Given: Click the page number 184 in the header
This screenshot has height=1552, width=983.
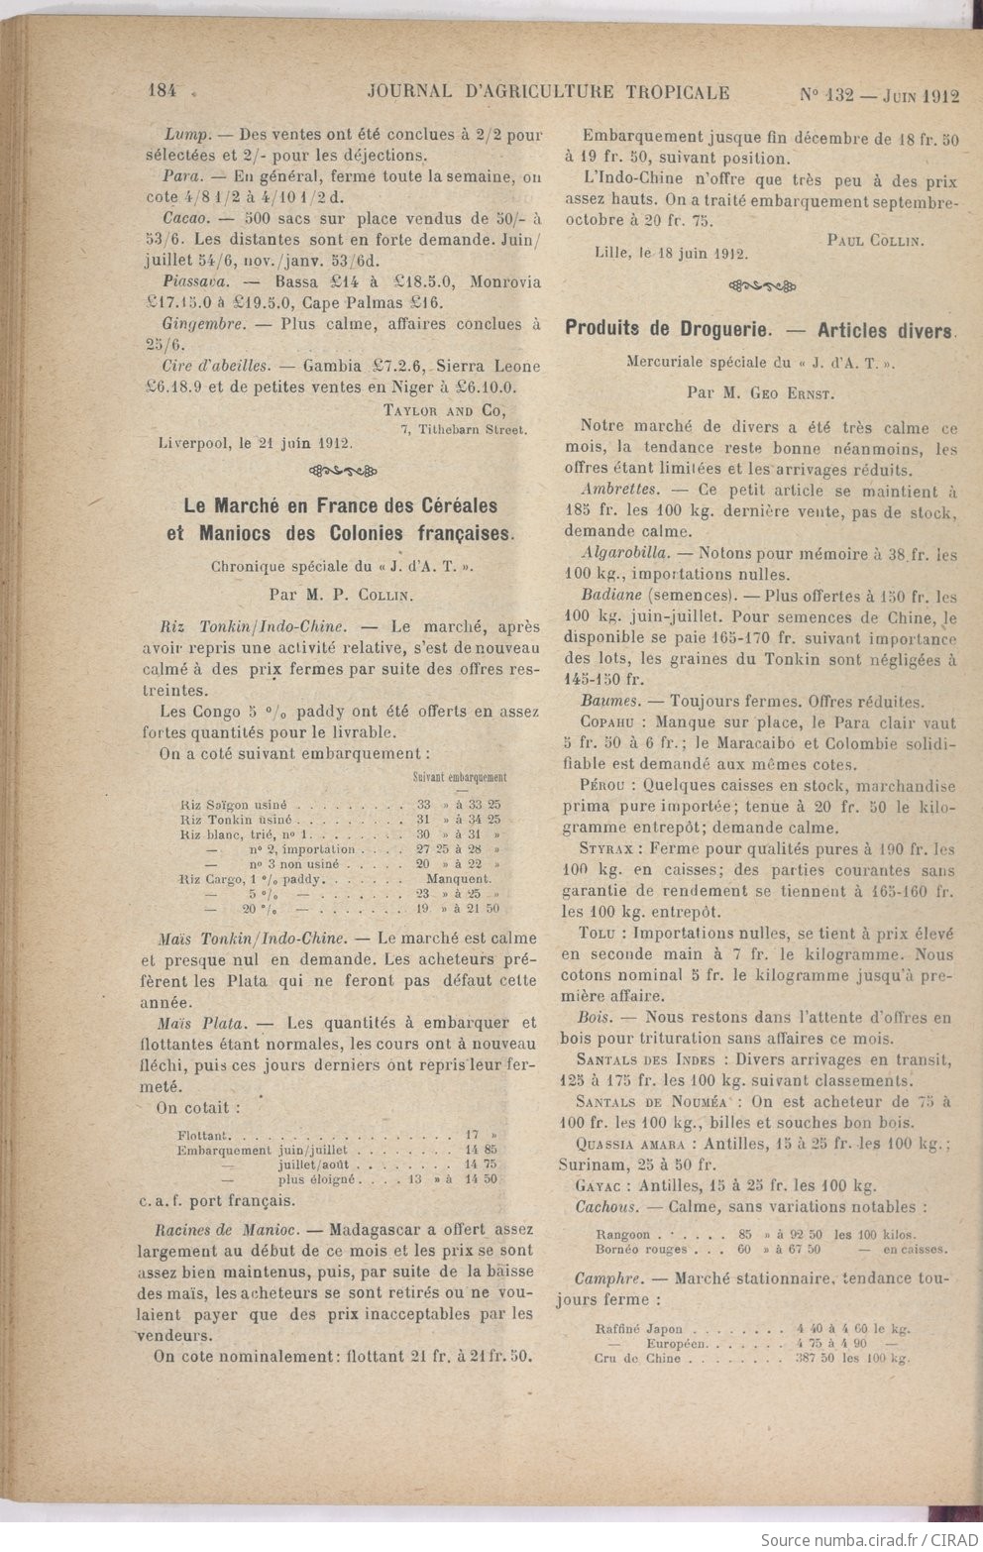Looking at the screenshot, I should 162,91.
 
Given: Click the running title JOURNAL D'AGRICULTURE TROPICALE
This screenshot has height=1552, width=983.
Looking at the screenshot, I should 548,92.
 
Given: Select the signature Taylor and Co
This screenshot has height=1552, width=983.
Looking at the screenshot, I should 444,410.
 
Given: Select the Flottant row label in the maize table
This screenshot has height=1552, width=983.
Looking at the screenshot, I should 205,1134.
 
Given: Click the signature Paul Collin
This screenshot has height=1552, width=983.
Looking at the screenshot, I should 874,239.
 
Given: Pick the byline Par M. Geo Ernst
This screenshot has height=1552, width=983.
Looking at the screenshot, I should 760,392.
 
